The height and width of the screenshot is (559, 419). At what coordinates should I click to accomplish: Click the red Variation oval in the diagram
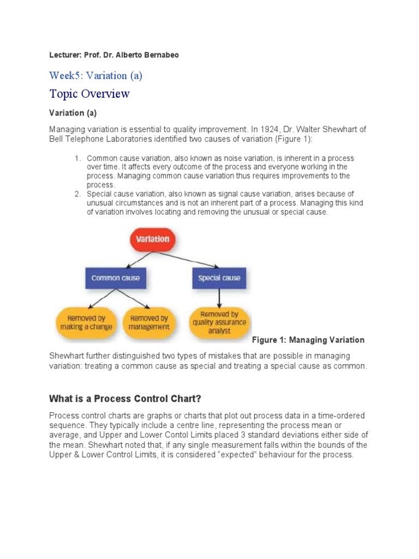(152, 239)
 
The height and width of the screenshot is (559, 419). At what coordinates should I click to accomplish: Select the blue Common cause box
(115, 278)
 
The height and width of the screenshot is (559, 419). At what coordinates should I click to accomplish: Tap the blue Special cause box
(218, 278)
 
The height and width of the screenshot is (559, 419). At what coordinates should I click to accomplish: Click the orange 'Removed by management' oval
(149, 322)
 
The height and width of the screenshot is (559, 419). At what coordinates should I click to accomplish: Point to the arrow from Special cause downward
(219, 298)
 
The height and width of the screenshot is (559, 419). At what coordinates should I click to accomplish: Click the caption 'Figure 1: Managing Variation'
(308, 340)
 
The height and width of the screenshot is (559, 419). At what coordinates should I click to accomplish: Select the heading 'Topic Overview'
(89, 94)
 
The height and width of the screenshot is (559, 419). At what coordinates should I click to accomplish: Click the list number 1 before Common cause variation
(77, 158)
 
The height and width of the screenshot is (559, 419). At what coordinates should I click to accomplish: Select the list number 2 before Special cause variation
(77, 194)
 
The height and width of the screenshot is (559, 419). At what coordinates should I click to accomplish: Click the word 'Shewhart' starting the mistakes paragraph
(68, 356)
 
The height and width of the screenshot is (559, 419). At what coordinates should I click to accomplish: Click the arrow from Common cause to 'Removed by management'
(131, 299)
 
